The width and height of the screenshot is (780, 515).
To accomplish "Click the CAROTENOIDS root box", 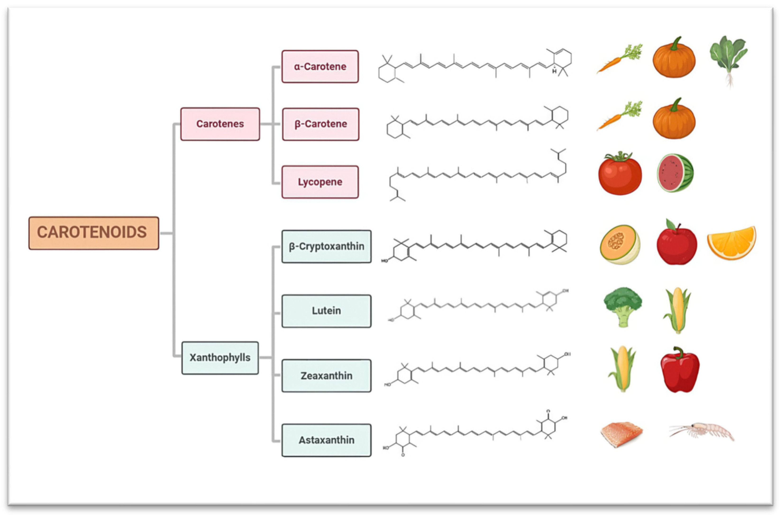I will [x=94, y=232].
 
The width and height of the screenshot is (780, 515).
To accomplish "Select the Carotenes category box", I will [x=220, y=124].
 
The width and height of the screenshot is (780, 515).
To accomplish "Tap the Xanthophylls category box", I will [x=220, y=357].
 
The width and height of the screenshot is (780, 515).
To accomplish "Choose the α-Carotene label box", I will [x=320, y=66].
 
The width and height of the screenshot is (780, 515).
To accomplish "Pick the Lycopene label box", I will [x=320, y=182].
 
